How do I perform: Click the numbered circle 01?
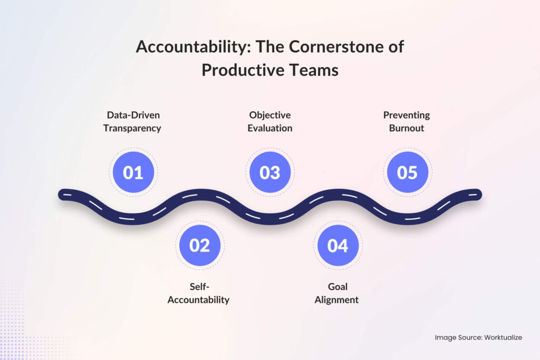point(133,172)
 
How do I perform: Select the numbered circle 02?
point(200,246)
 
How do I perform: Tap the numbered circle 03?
point(270,172)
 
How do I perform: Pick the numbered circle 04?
point(337,246)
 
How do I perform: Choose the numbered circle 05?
point(407,172)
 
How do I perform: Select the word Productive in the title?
point(246,70)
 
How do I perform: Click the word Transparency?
point(132,128)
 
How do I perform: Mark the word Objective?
point(270,115)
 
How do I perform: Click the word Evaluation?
point(270,128)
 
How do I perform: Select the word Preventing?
point(407,115)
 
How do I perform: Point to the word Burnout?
point(407,128)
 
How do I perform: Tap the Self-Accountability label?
point(198,294)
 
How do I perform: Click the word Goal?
point(337,287)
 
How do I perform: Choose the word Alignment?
point(337,300)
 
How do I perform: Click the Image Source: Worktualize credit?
point(478,337)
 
